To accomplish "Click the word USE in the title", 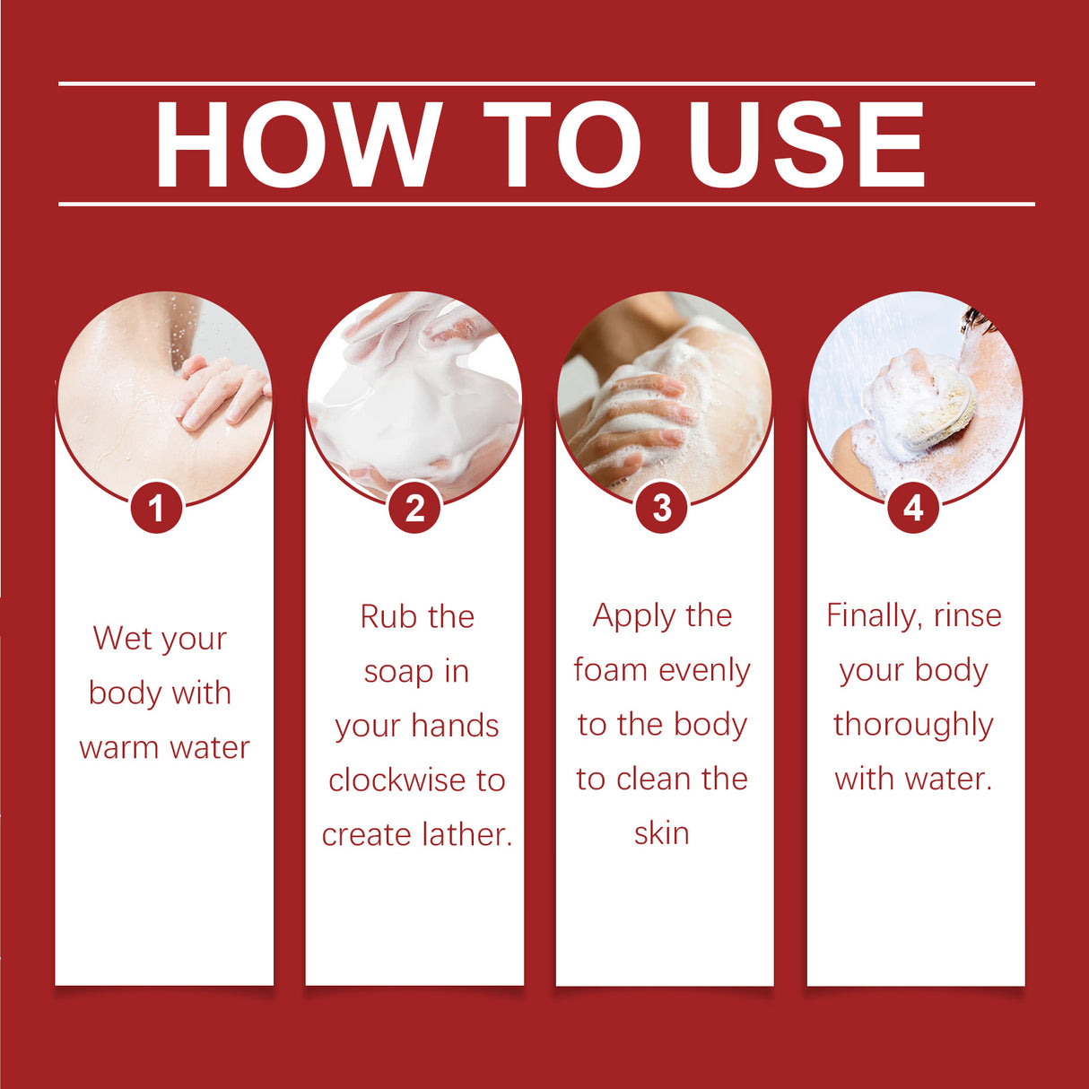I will [806, 145].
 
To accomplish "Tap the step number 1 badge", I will [156, 508].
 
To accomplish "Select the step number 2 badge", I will [414, 508].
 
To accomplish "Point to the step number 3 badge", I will [662, 508].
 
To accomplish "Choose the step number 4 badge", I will [913, 508].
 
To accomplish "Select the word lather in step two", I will [465, 835].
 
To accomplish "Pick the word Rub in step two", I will [388, 617].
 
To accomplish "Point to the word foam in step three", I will [610, 670].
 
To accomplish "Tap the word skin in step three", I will [662, 833].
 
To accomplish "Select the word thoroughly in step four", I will [913, 725].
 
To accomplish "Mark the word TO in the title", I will [562, 145].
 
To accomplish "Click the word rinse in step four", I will [967, 616].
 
